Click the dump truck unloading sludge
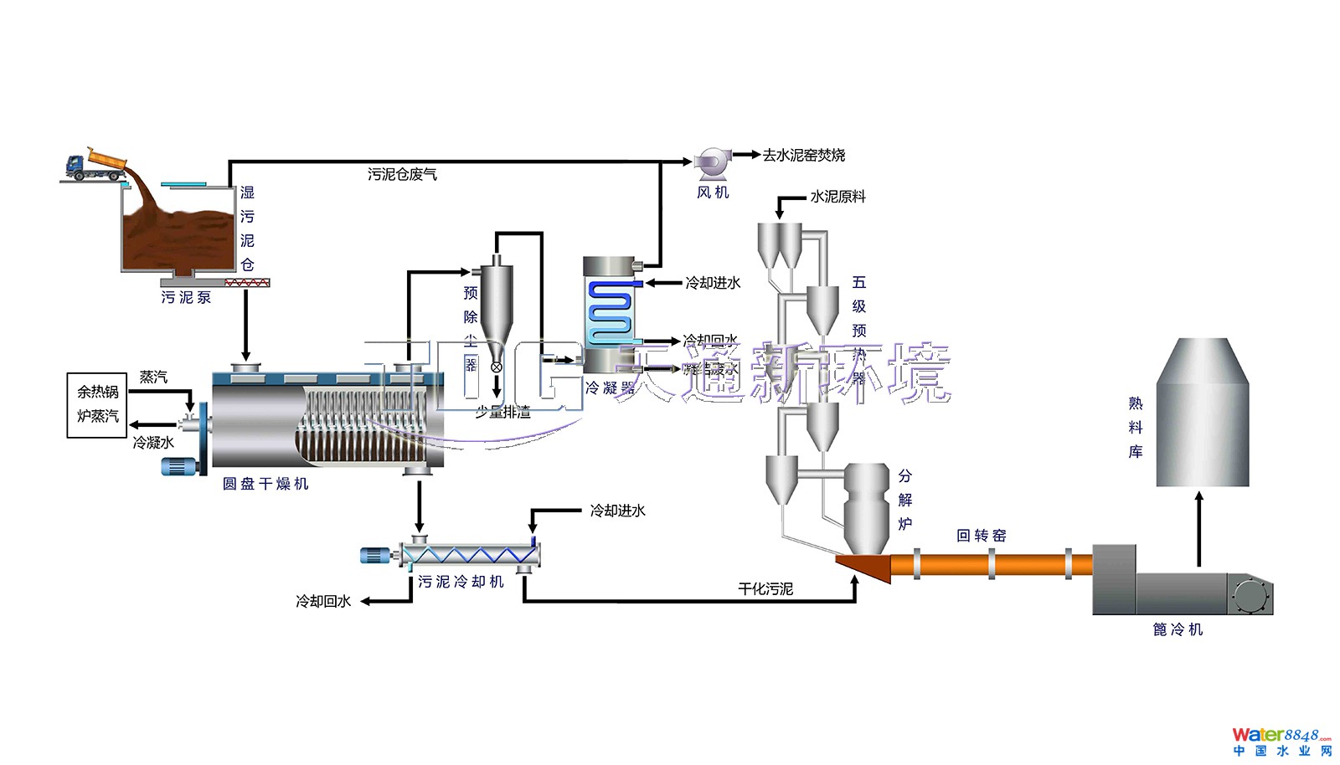click(96, 163)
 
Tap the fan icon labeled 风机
click(713, 162)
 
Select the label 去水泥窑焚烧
click(803, 155)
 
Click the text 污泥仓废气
click(402, 174)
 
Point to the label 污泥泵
click(186, 297)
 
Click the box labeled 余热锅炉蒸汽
click(98, 405)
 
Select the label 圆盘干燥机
click(265, 484)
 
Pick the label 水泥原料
click(837, 197)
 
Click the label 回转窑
click(981, 536)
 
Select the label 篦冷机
click(1178, 629)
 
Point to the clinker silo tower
click(1202, 414)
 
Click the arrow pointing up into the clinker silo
click(1199, 527)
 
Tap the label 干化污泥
click(765, 589)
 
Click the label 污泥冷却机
click(461, 582)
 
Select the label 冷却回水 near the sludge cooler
click(323, 601)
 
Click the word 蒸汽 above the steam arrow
click(153, 377)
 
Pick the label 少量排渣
click(502, 412)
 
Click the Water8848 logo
click(1281, 741)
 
